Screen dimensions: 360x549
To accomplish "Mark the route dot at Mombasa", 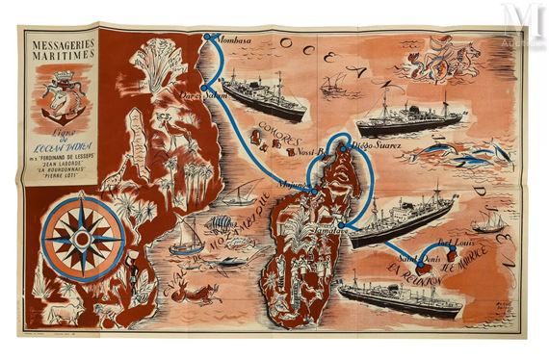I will coord(207,39).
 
